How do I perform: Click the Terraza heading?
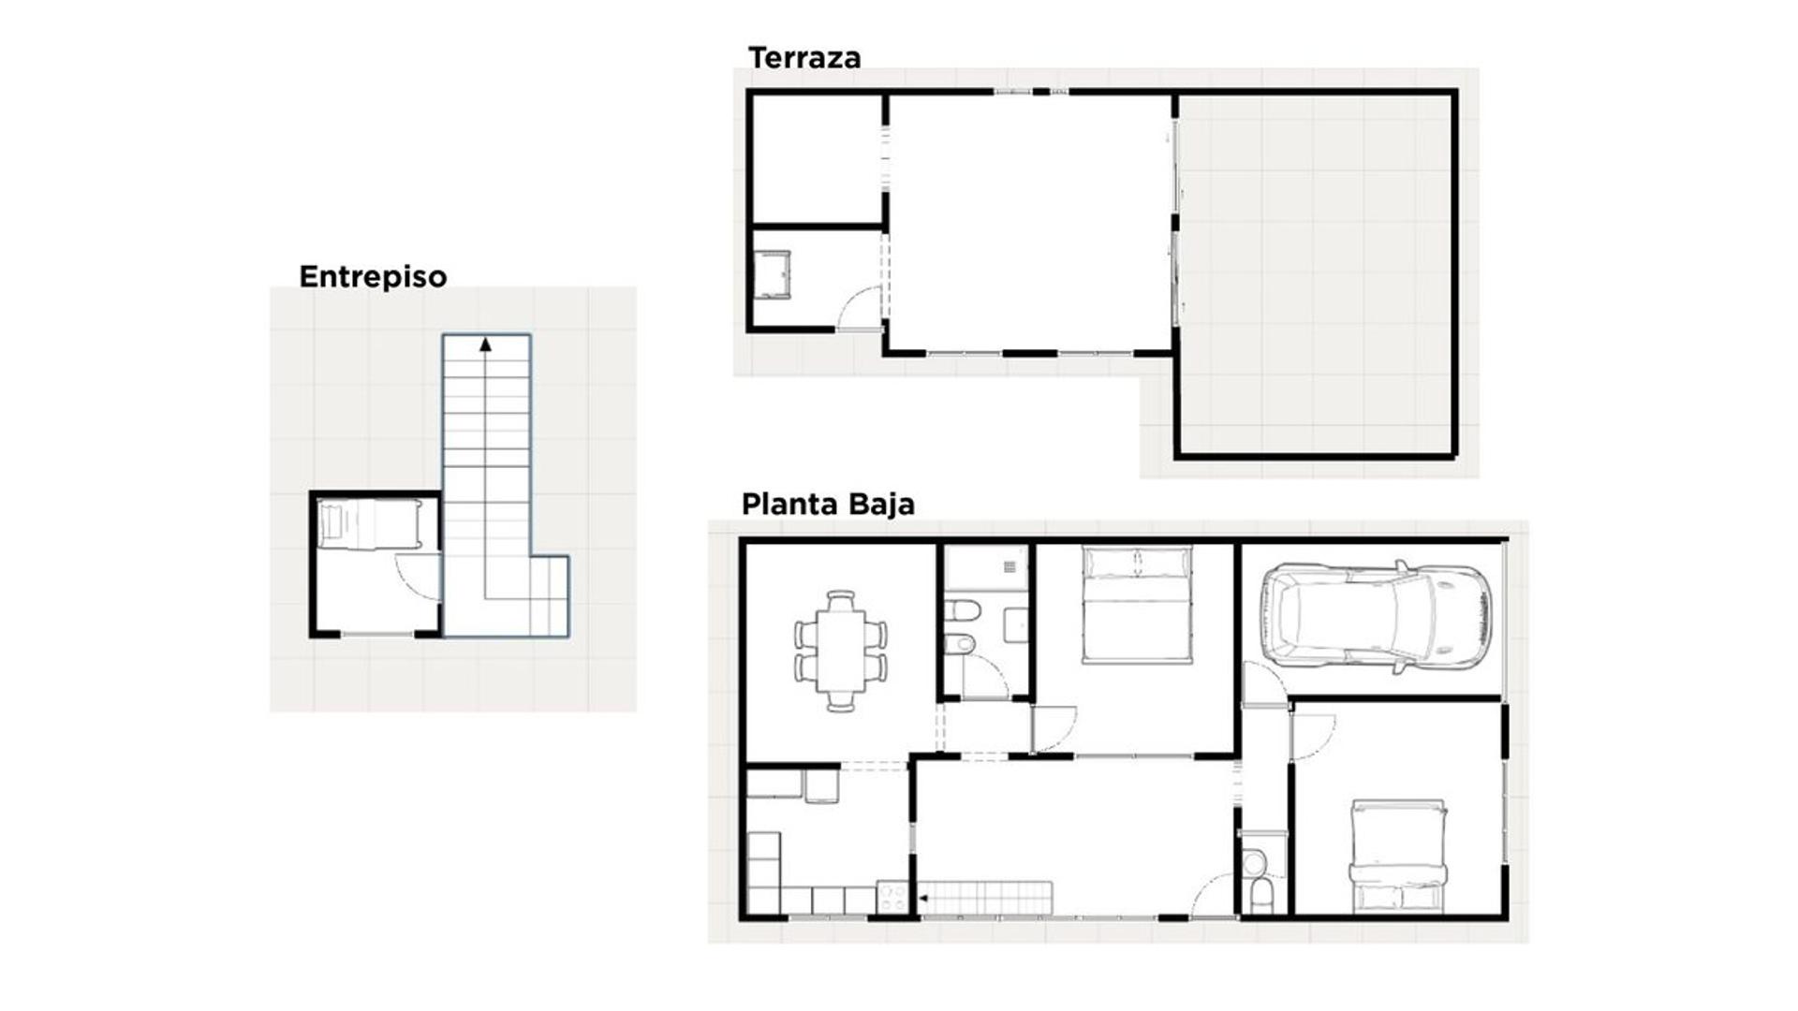(x=804, y=58)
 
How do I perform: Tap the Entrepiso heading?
(x=373, y=277)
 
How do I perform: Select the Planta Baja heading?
(x=828, y=504)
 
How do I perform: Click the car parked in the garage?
(x=1376, y=617)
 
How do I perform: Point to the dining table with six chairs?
(x=841, y=651)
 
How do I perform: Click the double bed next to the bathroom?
(x=1138, y=605)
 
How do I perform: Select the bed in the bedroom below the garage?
(x=1398, y=856)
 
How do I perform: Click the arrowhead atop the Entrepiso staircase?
(x=485, y=344)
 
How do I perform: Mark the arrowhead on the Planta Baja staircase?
(x=922, y=899)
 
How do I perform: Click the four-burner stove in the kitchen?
(x=892, y=898)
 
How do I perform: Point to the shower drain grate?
(x=1010, y=566)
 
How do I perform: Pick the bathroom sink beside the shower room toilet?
(x=1016, y=624)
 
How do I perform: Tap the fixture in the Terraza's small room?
(x=773, y=274)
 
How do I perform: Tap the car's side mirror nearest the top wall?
(x=1401, y=566)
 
